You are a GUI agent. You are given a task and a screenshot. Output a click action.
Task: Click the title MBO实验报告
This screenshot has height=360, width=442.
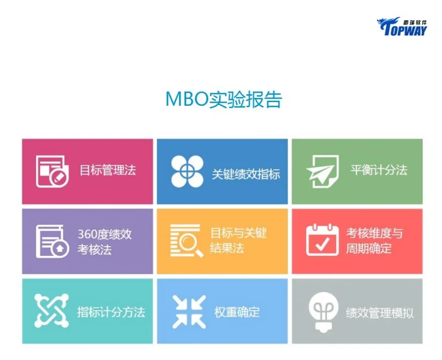click(x=224, y=100)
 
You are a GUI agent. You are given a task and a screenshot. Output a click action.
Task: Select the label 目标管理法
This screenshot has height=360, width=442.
click(x=108, y=170)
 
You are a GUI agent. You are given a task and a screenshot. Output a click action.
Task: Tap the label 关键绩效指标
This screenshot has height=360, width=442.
click(x=246, y=174)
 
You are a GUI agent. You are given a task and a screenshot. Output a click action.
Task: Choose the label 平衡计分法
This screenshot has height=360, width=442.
click(x=379, y=170)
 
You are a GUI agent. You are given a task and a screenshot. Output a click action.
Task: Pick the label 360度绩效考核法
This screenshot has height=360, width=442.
click(x=104, y=242)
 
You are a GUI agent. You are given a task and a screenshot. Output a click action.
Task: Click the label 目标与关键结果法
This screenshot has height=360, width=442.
click(x=238, y=241)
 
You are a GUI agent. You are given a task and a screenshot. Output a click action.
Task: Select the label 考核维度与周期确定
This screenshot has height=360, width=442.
click(x=374, y=241)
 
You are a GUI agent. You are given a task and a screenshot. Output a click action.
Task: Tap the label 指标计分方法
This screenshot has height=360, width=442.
click(x=111, y=312)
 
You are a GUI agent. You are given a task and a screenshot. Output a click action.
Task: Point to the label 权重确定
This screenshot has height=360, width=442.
click(x=237, y=312)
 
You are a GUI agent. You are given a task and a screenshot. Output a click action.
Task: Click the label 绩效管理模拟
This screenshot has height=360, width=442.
click(x=380, y=313)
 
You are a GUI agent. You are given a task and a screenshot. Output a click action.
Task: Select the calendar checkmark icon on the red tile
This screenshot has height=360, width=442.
click(x=322, y=241)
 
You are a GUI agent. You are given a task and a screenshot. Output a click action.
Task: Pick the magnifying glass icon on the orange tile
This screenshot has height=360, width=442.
click(x=187, y=241)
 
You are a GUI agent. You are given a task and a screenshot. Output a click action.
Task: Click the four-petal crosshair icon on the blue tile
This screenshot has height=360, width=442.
click(x=187, y=171)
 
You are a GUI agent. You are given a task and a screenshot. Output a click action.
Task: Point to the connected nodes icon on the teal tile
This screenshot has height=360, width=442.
click(x=51, y=311)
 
